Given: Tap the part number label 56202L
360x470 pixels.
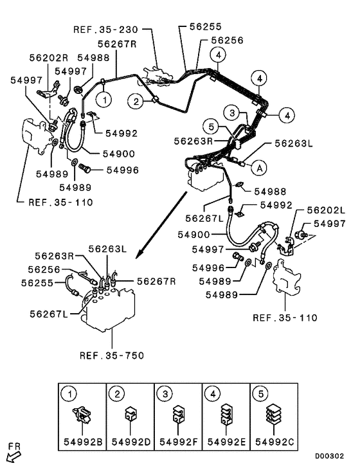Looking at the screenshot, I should tap(325, 210).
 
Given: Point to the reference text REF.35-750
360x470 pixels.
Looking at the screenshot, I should tap(111, 355).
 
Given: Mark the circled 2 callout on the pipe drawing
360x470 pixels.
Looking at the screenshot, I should tap(136, 100).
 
